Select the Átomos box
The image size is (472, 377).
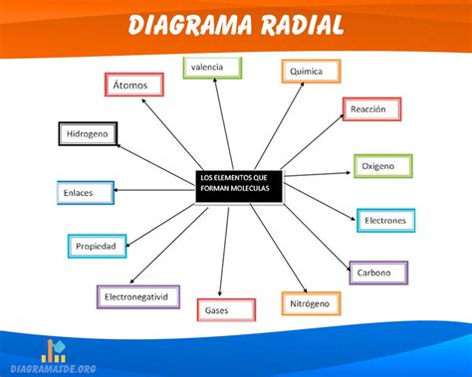click(x=132, y=86)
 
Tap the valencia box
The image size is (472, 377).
click(x=213, y=68)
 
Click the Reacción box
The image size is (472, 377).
click(x=371, y=109)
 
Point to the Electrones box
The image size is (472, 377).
click(x=385, y=220)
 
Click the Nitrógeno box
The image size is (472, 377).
click(x=310, y=301)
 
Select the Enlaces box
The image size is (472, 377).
click(x=86, y=192)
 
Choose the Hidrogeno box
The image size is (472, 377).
click(x=89, y=133)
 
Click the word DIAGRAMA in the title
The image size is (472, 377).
click(x=190, y=23)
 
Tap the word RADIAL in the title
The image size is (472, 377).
click(x=300, y=23)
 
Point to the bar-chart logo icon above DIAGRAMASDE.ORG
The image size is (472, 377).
click(x=54, y=350)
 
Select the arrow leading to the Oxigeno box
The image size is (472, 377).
click(x=319, y=172)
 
